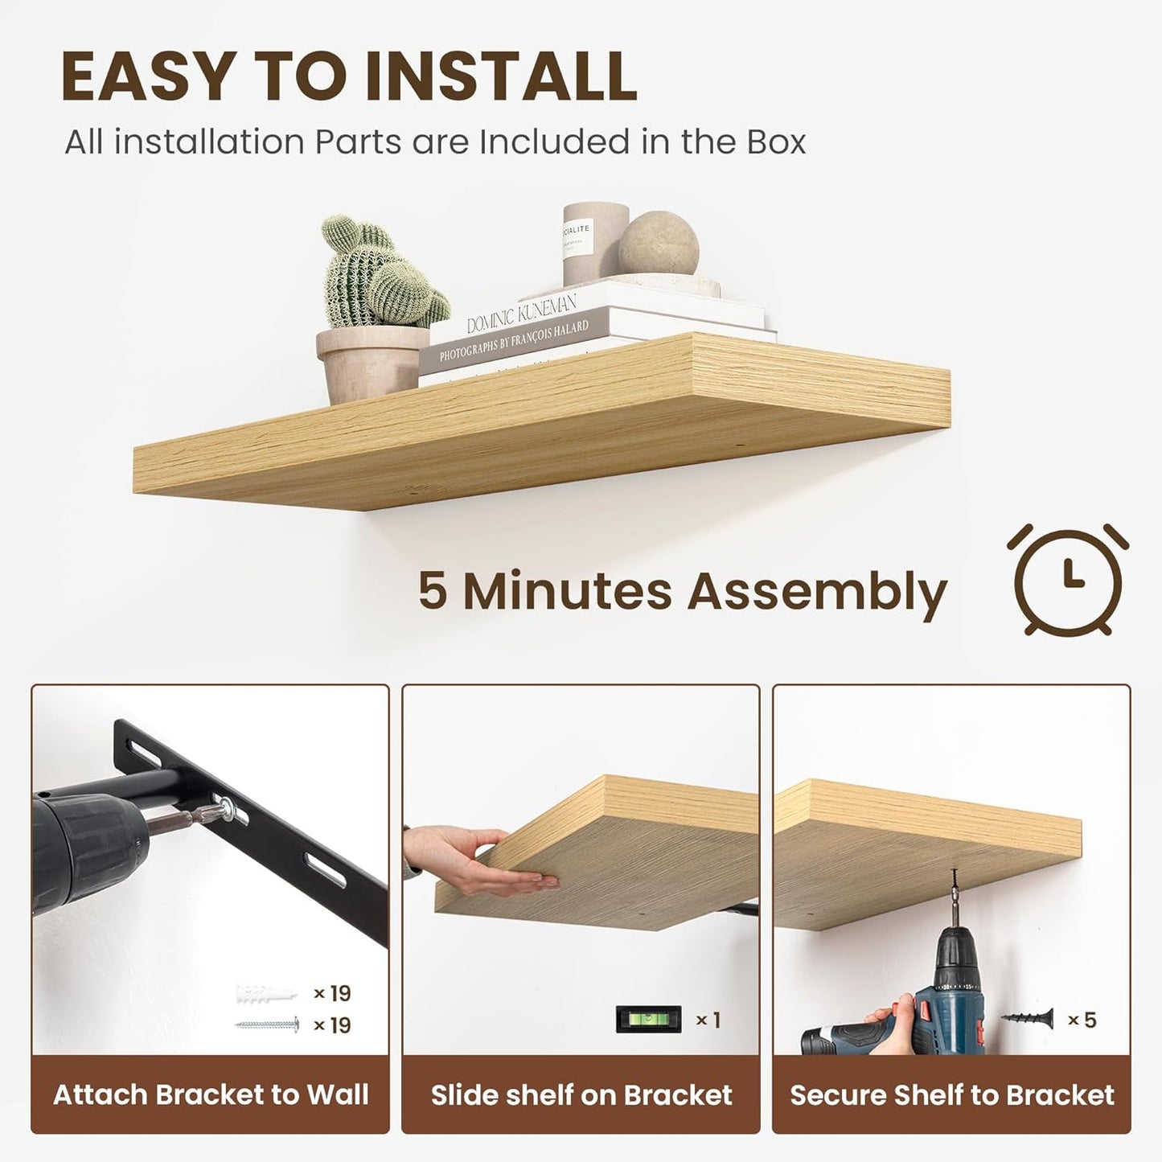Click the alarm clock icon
[1067, 579]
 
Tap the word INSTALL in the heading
[501, 77]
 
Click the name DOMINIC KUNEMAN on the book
[522, 314]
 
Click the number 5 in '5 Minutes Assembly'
[432, 591]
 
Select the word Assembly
[817, 593]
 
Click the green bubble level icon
[648, 1020]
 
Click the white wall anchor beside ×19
[265, 994]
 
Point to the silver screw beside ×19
[267, 1025]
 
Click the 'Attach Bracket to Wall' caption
[211, 1094]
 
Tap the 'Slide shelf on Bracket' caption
[581, 1094]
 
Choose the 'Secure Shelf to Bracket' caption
[951, 1094]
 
